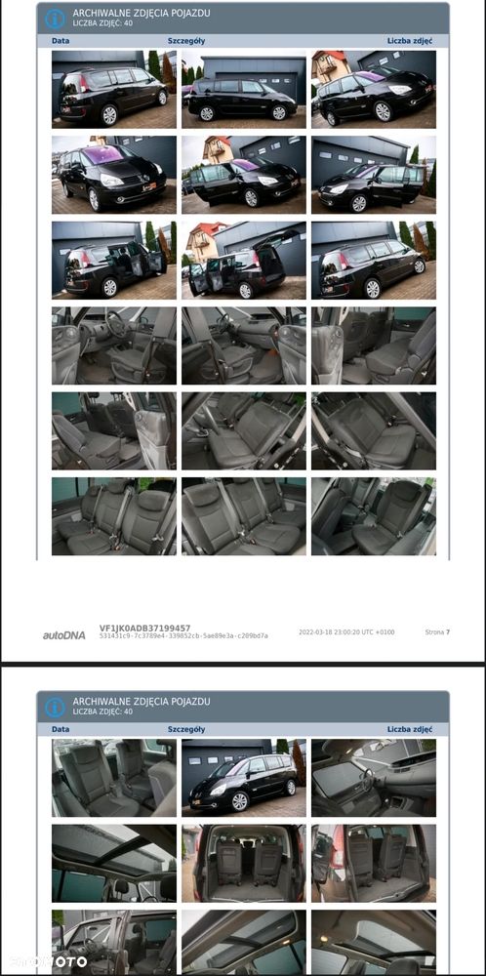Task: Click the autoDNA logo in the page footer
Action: pyautogui.click(x=64, y=634)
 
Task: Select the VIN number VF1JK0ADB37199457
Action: pyautogui.click(x=144, y=629)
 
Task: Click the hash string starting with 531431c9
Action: pyautogui.click(x=183, y=635)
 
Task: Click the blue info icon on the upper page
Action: pyautogui.click(x=55, y=19)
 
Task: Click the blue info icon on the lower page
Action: pyautogui.click(x=55, y=707)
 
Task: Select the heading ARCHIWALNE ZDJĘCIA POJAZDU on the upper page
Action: pyautogui.click(x=141, y=14)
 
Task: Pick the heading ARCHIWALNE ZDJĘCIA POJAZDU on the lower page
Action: pyautogui.click(x=141, y=702)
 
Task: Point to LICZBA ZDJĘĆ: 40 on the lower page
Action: pyautogui.click(x=102, y=712)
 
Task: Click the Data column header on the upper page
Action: pyautogui.click(x=61, y=41)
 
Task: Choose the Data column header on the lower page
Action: pyautogui.click(x=61, y=728)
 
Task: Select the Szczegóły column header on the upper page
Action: pyautogui.click(x=186, y=41)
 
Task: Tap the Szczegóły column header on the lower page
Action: pyautogui.click(x=186, y=728)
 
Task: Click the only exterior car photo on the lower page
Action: pyautogui.click(x=243, y=778)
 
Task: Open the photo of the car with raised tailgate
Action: pyautogui.click(x=114, y=260)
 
